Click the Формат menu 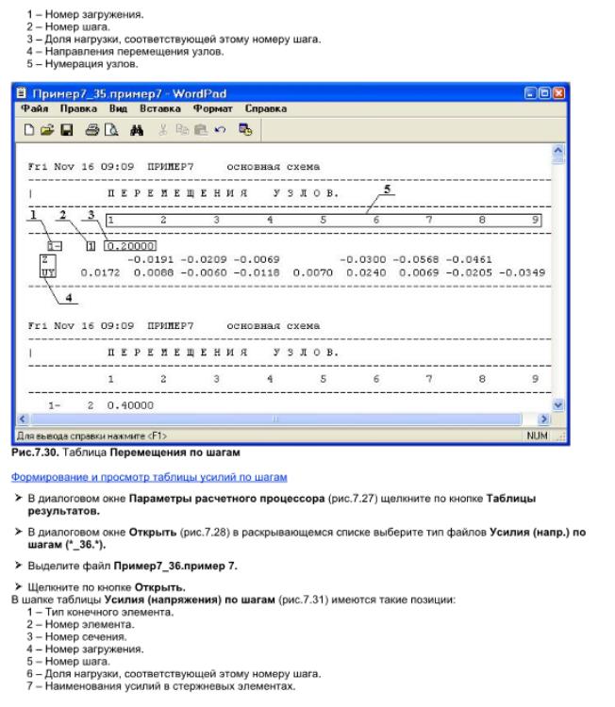(219, 109)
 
